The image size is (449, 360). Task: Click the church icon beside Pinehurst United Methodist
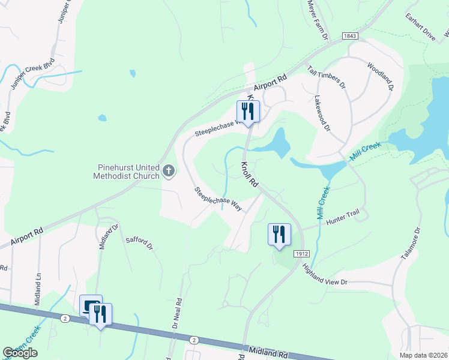(x=169, y=172)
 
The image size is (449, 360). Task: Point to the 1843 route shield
(x=351, y=37)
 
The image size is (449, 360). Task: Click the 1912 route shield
(x=302, y=254)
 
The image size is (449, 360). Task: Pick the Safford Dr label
(x=140, y=243)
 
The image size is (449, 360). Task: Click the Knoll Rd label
(x=250, y=175)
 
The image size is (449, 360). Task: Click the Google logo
(x=20, y=353)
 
